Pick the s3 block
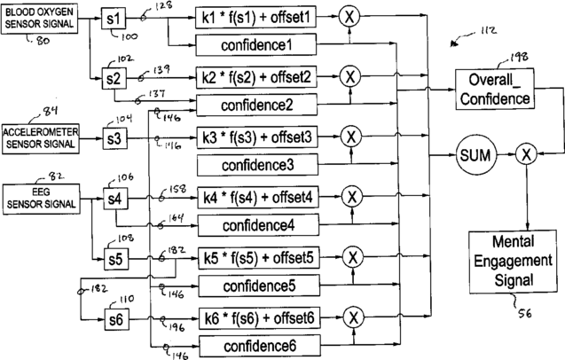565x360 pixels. [116, 138]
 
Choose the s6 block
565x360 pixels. [116, 317]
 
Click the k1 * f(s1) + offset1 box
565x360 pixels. [255, 19]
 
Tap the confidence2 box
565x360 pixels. [255, 106]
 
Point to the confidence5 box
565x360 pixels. [255, 285]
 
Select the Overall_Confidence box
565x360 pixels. [495, 90]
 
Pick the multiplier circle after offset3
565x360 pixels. [352, 137]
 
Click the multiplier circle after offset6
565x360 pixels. [352, 317]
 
